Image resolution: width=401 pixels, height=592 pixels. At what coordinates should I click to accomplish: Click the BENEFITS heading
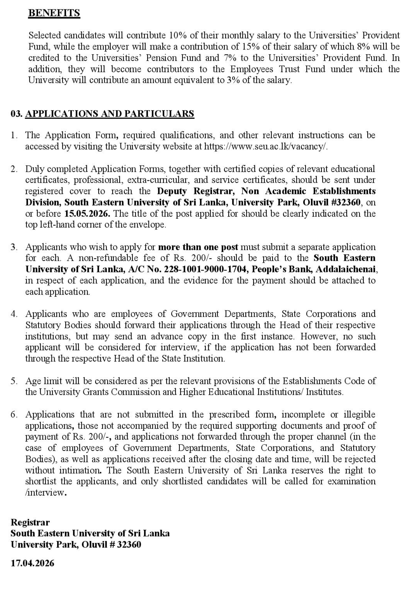54,13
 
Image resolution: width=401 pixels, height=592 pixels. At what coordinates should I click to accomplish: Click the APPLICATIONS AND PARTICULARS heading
109,114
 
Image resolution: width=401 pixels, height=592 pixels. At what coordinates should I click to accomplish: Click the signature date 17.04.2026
33,563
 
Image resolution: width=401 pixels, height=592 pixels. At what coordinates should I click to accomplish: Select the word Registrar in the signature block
30,522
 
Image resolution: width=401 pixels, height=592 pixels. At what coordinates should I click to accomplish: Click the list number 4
14,314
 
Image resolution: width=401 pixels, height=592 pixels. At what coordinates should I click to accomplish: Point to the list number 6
14,415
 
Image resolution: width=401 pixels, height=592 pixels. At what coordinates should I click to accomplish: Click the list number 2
14,169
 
